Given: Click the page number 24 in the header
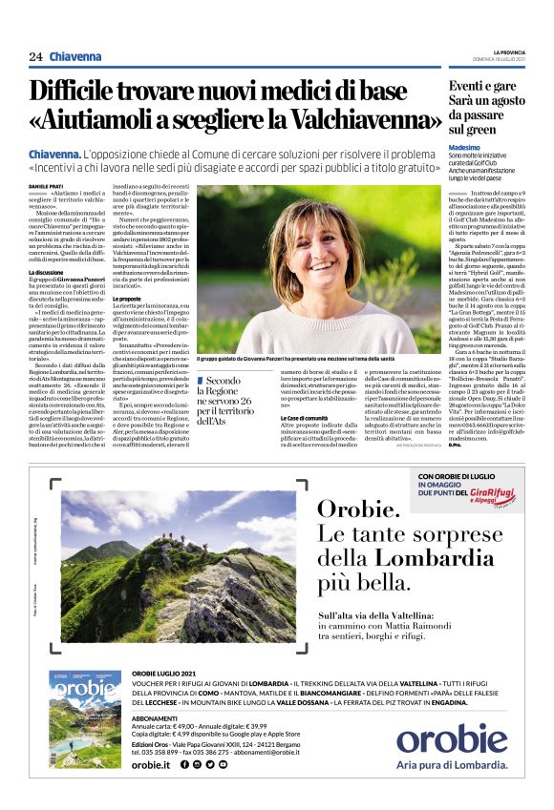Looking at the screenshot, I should click(x=35, y=57).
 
